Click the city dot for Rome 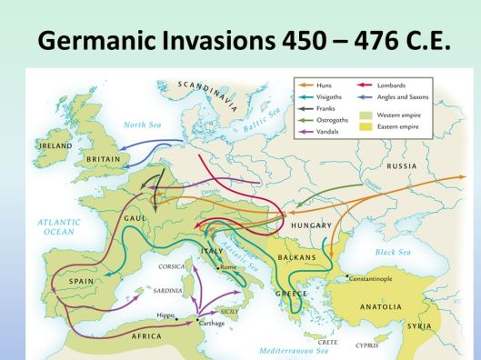(x=217, y=268)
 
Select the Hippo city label (x=165, y=315)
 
